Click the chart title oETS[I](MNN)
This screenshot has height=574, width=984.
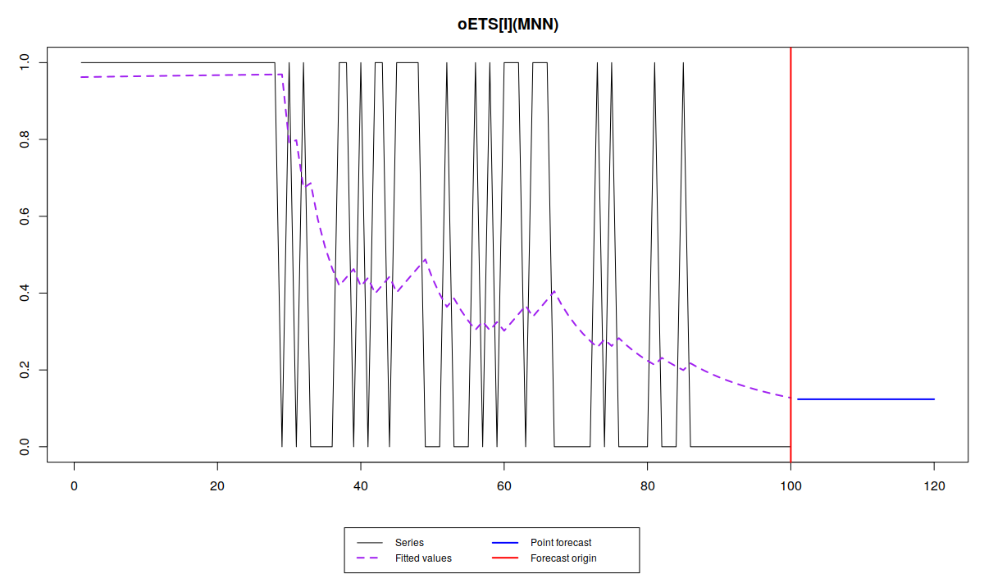click(x=508, y=25)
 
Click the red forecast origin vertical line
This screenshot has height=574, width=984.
click(x=790, y=246)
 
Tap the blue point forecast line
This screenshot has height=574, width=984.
click(x=865, y=399)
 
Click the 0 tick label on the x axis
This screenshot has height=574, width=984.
click(x=75, y=486)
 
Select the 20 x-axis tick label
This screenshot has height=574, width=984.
click(x=217, y=486)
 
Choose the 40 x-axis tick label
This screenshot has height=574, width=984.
click(x=361, y=486)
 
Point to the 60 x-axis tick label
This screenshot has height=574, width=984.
click(x=504, y=486)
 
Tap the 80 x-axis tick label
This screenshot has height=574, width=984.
click(x=648, y=486)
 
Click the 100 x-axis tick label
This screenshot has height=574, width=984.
click(x=790, y=486)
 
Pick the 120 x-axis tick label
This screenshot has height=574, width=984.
click(x=934, y=486)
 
